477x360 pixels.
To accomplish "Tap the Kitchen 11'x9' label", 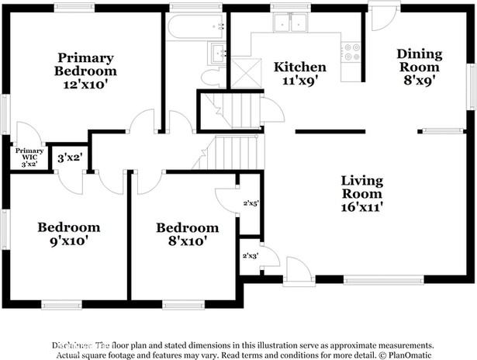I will click(x=300, y=74).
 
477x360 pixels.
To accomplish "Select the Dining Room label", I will click(x=420, y=61).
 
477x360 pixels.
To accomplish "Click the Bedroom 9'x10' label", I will click(x=69, y=234).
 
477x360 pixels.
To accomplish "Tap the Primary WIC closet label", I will click(x=29, y=157).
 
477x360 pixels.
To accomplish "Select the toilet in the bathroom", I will click(x=209, y=78).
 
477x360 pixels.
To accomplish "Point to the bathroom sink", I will click(x=218, y=53).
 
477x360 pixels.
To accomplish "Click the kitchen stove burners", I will click(x=352, y=51).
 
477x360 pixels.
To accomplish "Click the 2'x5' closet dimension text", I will click(x=251, y=204).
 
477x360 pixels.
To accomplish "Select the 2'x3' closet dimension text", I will click(x=250, y=255).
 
